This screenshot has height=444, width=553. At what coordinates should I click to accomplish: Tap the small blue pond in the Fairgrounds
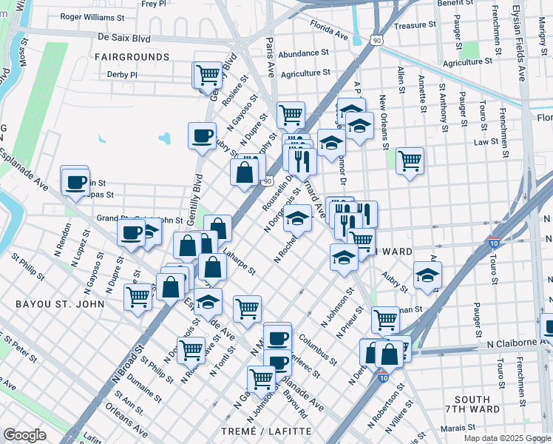164,138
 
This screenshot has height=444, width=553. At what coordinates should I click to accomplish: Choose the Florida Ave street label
329,34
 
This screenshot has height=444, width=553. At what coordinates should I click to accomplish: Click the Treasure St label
415,25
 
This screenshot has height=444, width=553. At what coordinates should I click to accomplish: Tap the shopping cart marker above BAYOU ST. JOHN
138,297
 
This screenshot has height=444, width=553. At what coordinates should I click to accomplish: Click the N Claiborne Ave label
518,343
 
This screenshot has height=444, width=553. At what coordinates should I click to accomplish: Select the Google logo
25,435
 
